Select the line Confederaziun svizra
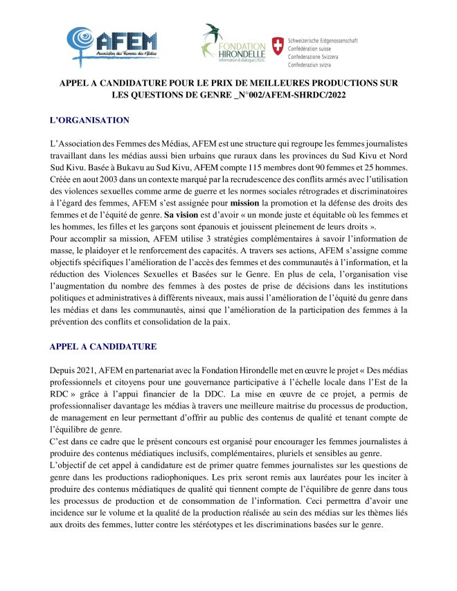pos(313,63)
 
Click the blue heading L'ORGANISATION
pos(90,120)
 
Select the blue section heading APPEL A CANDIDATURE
pos(104,346)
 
